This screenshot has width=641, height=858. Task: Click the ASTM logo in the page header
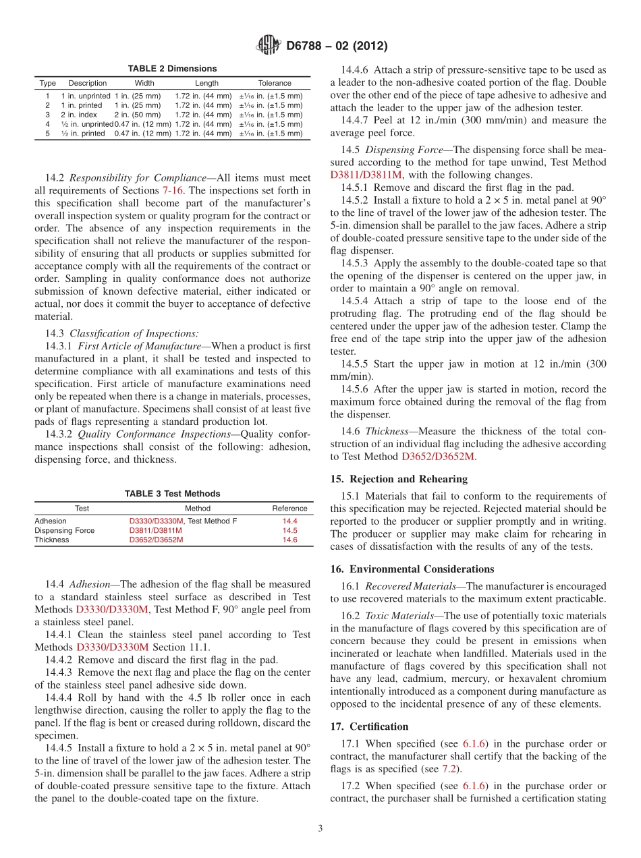tap(269, 46)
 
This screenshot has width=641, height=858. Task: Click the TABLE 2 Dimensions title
tap(172, 69)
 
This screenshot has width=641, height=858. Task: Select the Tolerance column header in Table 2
tap(275, 83)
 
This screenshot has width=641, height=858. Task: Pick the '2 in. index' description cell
tap(79, 115)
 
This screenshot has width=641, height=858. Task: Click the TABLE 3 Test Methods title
tap(172, 494)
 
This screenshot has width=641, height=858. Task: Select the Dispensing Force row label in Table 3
tap(64, 530)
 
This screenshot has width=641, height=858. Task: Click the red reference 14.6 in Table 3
tap(289, 540)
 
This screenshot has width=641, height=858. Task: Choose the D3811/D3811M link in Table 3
tap(155, 530)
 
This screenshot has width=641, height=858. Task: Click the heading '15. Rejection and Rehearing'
tap(399, 479)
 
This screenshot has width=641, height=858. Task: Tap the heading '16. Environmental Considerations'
tap(412, 569)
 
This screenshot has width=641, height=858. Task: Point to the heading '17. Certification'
tap(369, 726)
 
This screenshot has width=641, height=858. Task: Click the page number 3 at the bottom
tap(320, 828)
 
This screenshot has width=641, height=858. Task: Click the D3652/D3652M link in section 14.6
tap(439, 457)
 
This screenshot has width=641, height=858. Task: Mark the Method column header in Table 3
tap(198, 508)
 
